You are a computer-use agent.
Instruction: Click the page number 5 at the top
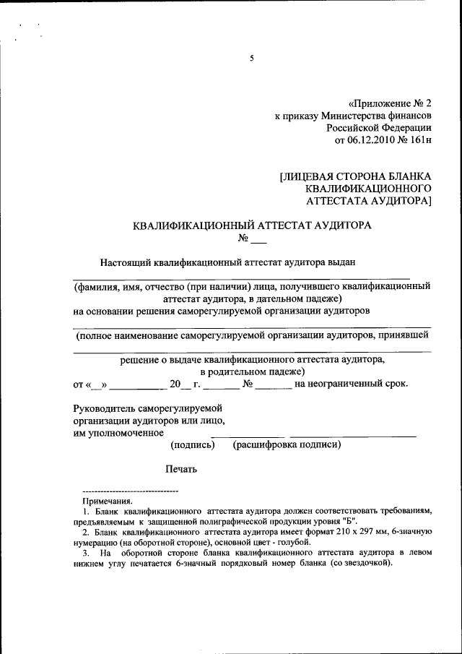(252, 59)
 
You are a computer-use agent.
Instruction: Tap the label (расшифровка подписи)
(287, 444)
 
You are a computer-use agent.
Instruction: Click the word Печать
(180, 468)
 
